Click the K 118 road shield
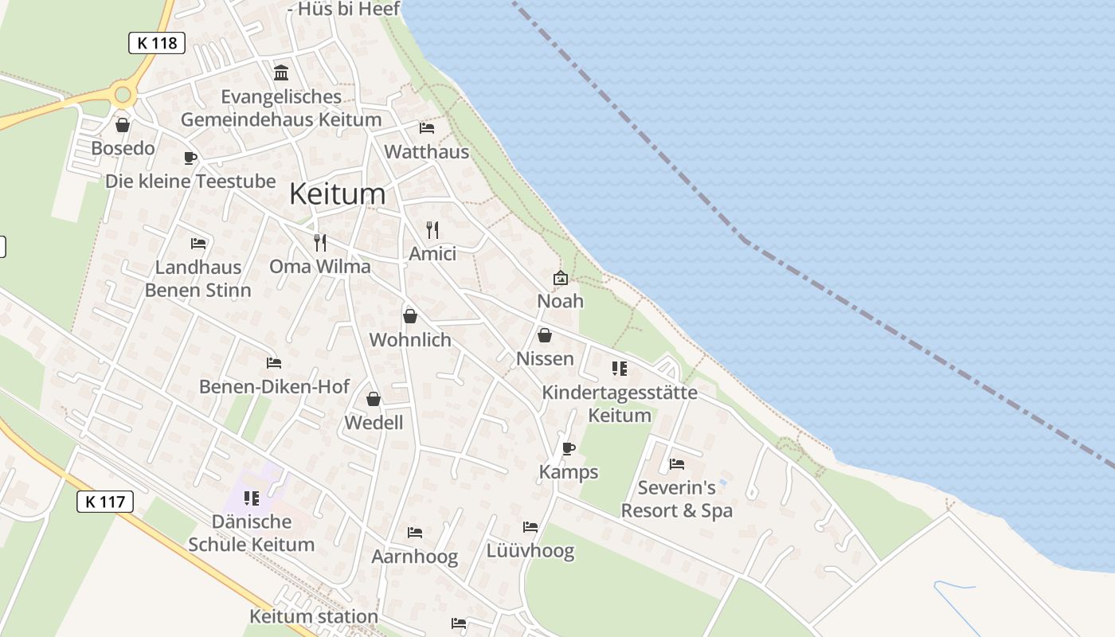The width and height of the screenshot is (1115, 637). click(x=157, y=43)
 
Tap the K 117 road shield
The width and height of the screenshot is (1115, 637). click(x=105, y=502)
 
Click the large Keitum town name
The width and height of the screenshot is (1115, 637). click(x=337, y=193)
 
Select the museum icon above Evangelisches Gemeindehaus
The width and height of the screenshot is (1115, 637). click(x=281, y=73)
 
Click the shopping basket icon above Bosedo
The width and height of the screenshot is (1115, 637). click(x=123, y=125)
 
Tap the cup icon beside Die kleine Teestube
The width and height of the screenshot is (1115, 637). click(x=190, y=158)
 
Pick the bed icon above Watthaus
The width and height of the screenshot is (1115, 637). click(x=427, y=127)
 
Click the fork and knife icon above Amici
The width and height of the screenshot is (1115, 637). click(x=432, y=230)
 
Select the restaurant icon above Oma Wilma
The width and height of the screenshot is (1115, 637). click(x=320, y=242)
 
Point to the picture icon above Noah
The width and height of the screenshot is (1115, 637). click(x=561, y=278)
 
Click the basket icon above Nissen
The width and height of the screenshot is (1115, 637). click(x=545, y=335)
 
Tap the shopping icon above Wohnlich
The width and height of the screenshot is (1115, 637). click(x=410, y=316)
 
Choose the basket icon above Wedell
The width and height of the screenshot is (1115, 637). click(x=374, y=399)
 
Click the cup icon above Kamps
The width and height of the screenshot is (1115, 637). click(x=568, y=448)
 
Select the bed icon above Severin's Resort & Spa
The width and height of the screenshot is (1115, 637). click(x=677, y=463)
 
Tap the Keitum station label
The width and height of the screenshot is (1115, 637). click(x=314, y=616)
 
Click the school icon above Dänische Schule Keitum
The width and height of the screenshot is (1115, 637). click(x=252, y=498)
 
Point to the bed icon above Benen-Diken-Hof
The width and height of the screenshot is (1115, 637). click(x=274, y=363)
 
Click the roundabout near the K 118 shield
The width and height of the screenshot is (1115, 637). click(x=123, y=96)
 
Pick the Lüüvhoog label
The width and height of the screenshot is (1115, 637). click(x=530, y=551)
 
